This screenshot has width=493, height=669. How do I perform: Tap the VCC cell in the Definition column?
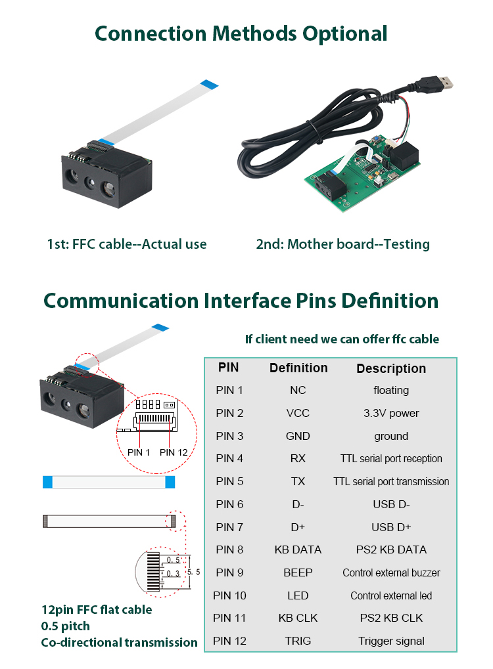point(298,413)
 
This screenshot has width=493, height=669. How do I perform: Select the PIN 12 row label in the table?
point(229,641)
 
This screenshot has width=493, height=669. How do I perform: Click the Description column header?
point(391,368)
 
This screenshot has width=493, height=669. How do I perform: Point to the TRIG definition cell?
point(298,641)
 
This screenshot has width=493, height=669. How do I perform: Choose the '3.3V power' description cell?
point(391,413)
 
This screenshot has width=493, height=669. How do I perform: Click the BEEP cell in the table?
point(298,572)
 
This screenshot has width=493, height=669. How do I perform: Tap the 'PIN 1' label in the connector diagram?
point(139,452)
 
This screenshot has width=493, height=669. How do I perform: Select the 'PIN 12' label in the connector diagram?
point(174,452)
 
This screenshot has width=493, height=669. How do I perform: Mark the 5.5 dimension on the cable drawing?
point(194,572)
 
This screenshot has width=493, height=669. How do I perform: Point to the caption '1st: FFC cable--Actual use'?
point(127,244)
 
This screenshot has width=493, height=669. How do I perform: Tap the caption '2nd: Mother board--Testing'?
point(342,244)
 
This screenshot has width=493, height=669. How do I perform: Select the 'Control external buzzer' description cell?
point(391,572)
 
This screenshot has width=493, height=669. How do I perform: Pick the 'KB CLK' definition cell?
point(298,618)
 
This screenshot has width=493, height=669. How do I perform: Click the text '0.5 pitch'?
point(66,626)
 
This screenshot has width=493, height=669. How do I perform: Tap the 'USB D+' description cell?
point(391,527)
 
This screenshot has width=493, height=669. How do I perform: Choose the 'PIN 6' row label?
point(229,504)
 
